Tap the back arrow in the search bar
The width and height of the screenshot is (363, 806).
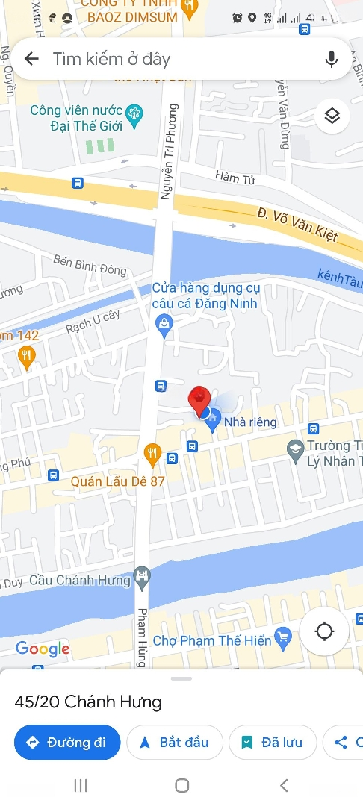pos(31,59)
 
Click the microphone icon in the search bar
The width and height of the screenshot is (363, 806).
pos(332,59)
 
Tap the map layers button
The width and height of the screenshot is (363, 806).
pos(332,116)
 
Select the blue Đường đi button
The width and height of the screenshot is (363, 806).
pos(67,742)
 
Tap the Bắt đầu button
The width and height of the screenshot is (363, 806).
pos(175,742)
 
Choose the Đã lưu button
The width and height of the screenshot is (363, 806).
pos(273,742)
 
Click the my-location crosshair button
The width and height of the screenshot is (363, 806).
pos(324,631)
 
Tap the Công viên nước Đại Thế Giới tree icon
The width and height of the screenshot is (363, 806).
pos(134,113)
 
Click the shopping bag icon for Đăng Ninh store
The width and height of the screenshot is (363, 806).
pos(162,323)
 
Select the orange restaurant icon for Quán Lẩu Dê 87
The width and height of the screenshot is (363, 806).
pos(152,452)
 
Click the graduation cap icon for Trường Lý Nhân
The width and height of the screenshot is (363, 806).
pos(295,448)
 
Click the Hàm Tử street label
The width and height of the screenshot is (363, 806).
pos(232,176)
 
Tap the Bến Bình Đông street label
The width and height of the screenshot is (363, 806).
pos(90,265)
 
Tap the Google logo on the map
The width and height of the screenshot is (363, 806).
pos(43,649)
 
